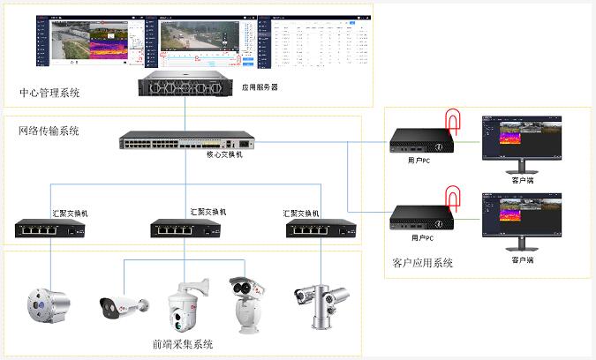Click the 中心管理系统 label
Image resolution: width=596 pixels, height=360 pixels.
click(49, 93)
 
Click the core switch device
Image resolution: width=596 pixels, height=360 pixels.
click(187, 141)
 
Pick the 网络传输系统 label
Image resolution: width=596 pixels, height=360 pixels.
click(49, 131)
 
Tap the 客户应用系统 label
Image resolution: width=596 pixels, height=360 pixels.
click(422, 263)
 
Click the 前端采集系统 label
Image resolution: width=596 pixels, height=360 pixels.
click(183, 344)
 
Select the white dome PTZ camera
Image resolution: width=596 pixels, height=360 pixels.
click(187, 304)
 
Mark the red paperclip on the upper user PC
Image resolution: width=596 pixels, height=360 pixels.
click(452, 120)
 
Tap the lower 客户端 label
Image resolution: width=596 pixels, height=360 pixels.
click(522, 260)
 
